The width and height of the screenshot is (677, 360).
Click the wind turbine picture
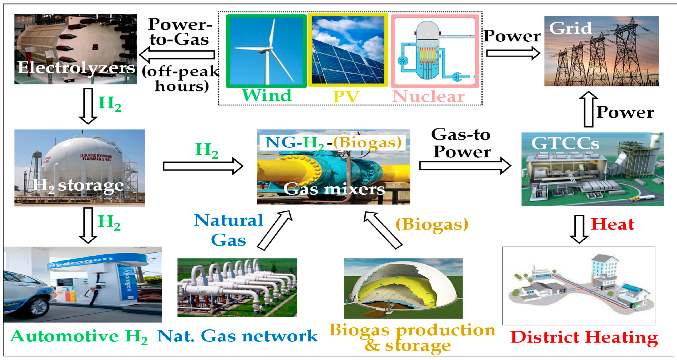[x=266, y=50]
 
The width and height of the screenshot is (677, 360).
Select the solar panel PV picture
[x=348, y=50]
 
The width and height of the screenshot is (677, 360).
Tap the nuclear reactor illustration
[x=434, y=50]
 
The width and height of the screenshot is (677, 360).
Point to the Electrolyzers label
[x=76, y=68]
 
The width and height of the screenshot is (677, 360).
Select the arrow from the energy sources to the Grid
[x=512, y=53]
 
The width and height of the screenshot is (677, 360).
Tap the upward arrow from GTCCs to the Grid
[x=589, y=109]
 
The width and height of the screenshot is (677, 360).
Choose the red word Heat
[x=612, y=224]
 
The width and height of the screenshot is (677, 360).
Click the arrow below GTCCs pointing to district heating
[x=579, y=229]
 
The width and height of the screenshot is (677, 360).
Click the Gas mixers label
[x=334, y=189]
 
